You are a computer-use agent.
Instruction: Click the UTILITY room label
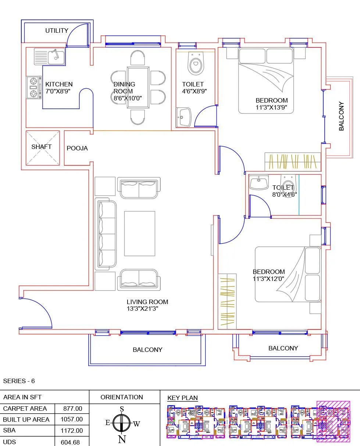pyautogui.click(x=57, y=31)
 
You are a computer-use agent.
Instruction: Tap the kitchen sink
pyautogui.click(x=50, y=57)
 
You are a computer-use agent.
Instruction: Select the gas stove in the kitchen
pyautogui.click(x=34, y=88)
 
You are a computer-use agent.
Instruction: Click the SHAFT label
pyautogui.click(x=42, y=147)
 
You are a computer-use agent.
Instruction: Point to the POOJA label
pyautogui.click(x=77, y=149)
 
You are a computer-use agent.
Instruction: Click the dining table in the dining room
pyautogui.click(x=138, y=88)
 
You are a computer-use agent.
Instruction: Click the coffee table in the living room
pyautogui.click(x=139, y=233)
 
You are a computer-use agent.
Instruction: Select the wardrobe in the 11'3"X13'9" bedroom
pyautogui.click(x=293, y=162)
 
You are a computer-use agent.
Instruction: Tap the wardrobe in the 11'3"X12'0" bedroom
pyautogui.click(x=227, y=302)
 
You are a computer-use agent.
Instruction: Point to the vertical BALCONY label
pyautogui.click(x=342, y=116)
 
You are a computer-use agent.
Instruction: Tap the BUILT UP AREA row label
pyautogui.click(x=26, y=420)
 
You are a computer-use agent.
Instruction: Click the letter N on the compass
pyautogui.click(x=122, y=439)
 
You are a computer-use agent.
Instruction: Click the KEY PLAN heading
pyautogui.click(x=182, y=398)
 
